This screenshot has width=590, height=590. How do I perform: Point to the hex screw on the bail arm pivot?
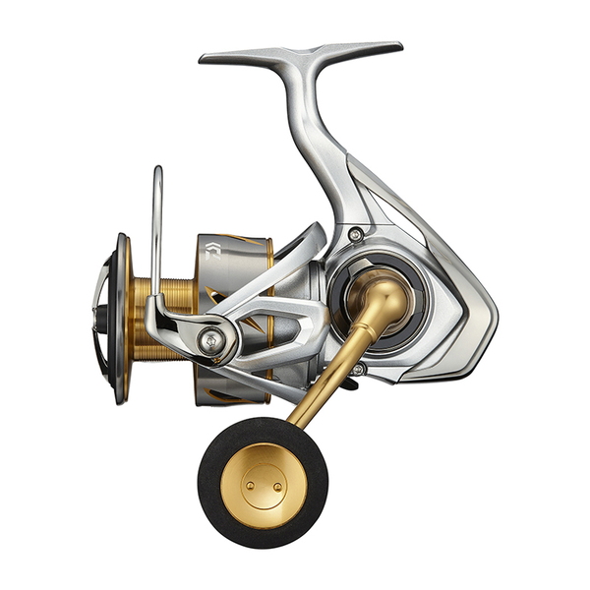click(x=208, y=341)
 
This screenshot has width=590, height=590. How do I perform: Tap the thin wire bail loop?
click(x=155, y=226)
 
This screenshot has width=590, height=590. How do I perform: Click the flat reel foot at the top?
click(x=300, y=52)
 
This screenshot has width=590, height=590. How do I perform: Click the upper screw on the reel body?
click(x=355, y=234)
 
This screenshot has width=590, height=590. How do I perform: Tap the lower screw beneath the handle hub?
click(x=359, y=369)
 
